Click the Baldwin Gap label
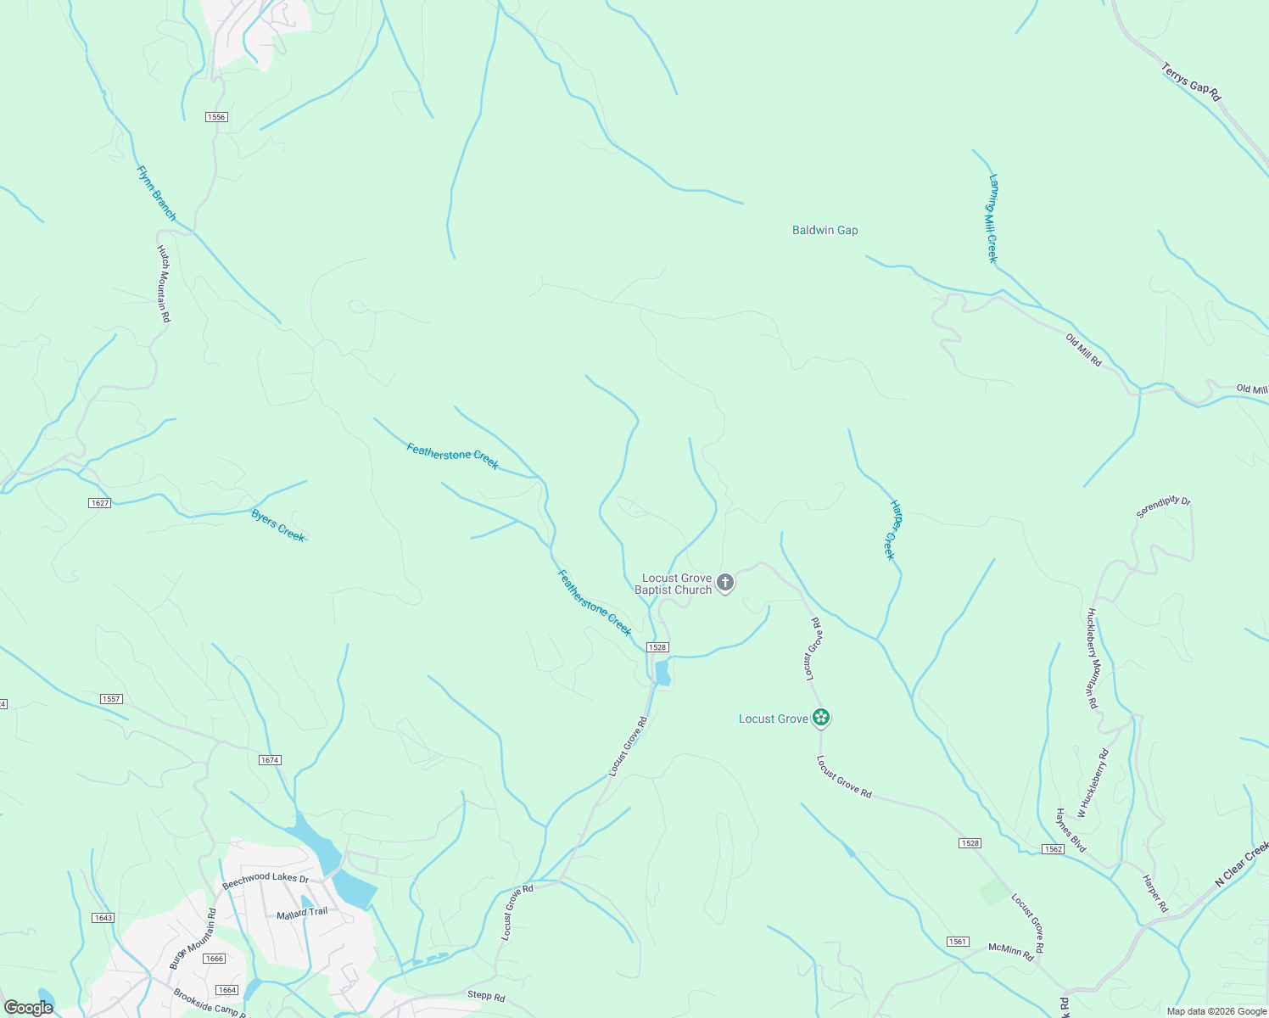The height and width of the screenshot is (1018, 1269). click(825, 230)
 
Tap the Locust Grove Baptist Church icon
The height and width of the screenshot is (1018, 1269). click(725, 583)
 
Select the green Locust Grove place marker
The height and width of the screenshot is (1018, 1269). click(820, 718)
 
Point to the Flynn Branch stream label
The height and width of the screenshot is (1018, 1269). click(156, 193)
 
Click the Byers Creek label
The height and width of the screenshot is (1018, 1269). click(277, 525)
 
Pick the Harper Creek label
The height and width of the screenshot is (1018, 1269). click(892, 529)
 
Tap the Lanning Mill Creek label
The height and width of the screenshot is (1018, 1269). click(992, 218)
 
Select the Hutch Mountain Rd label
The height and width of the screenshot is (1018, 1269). click(164, 283)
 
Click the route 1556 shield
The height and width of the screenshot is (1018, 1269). click(216, 117)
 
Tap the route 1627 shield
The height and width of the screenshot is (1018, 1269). click(100, 503)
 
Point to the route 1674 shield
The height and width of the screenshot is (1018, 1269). click(270, 760)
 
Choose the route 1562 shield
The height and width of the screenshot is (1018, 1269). click(1053, 849)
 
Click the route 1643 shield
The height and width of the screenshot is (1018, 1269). click(103, 918)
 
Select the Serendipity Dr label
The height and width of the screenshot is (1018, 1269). click(1163, 507)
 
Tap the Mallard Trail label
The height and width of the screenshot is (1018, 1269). click(302, 913)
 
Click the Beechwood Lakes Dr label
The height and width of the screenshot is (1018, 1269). click(265, 881)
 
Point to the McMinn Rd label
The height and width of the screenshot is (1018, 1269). click(1011, 949)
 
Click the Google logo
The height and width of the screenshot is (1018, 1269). click(28, 1008)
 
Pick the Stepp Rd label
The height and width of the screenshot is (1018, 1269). click(486, 996)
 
